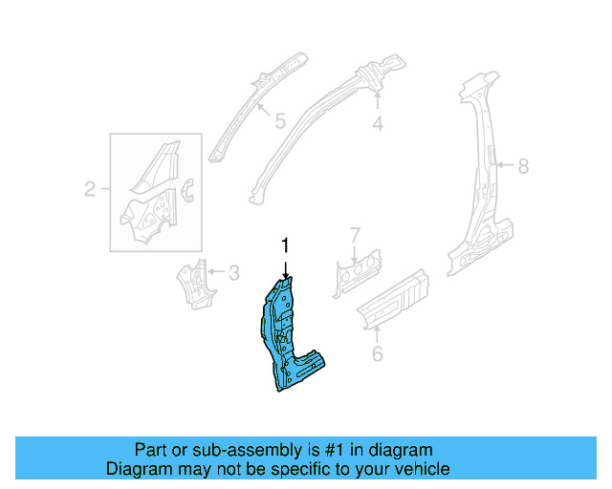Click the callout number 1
[284, 246]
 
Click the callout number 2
[90, 189]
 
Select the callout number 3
[232, 273]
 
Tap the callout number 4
[378, 123]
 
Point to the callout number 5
[279, 121]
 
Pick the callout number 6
[377, 355]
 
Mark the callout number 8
[523, 166]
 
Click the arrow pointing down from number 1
[284, 266]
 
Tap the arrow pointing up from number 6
[377, 332]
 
